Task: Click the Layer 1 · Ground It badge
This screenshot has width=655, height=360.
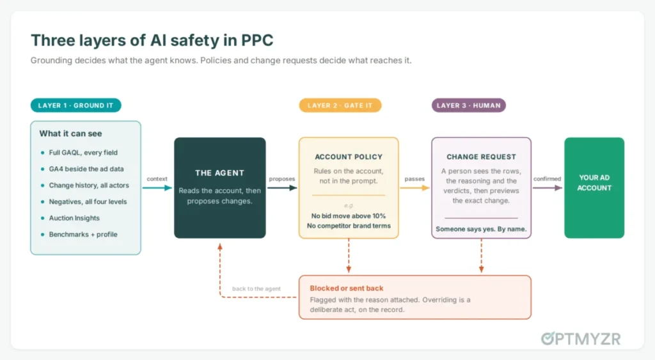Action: point(75,106)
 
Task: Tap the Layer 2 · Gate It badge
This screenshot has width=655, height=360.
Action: point(340,106)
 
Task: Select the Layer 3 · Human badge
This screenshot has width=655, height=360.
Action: point(469,106)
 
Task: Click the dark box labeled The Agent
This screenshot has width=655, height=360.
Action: point(220,188)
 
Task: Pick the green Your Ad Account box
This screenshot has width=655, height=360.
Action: point(594,188)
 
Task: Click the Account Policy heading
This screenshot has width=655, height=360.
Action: point(349,157)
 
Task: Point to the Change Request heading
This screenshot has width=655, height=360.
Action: point(481,157)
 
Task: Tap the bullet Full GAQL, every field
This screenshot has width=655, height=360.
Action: point(83,152)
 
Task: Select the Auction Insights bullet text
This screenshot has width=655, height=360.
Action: point(74,218)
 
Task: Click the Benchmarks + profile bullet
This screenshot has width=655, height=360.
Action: point(83,234)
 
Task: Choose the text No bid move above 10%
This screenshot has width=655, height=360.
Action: point(349,216)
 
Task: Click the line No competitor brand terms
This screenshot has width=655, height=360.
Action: point(349,226)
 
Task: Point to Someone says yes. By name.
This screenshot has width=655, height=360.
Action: point(481,229)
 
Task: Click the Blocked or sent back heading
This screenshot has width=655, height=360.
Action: point(346,288)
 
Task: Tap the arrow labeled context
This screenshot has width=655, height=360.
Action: point(157,188)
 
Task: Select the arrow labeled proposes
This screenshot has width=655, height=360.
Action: point(282,188)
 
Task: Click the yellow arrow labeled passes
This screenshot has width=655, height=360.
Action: point(414,188)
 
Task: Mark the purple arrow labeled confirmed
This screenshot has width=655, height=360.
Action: point(548,188)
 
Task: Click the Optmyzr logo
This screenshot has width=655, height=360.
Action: point(581,339)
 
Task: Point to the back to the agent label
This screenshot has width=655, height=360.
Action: point(256,288)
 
